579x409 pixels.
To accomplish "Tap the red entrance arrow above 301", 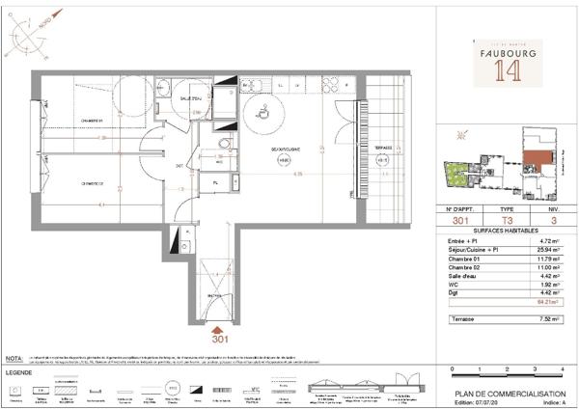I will pos(214,329).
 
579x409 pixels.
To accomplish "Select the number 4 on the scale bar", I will pos(561,369).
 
